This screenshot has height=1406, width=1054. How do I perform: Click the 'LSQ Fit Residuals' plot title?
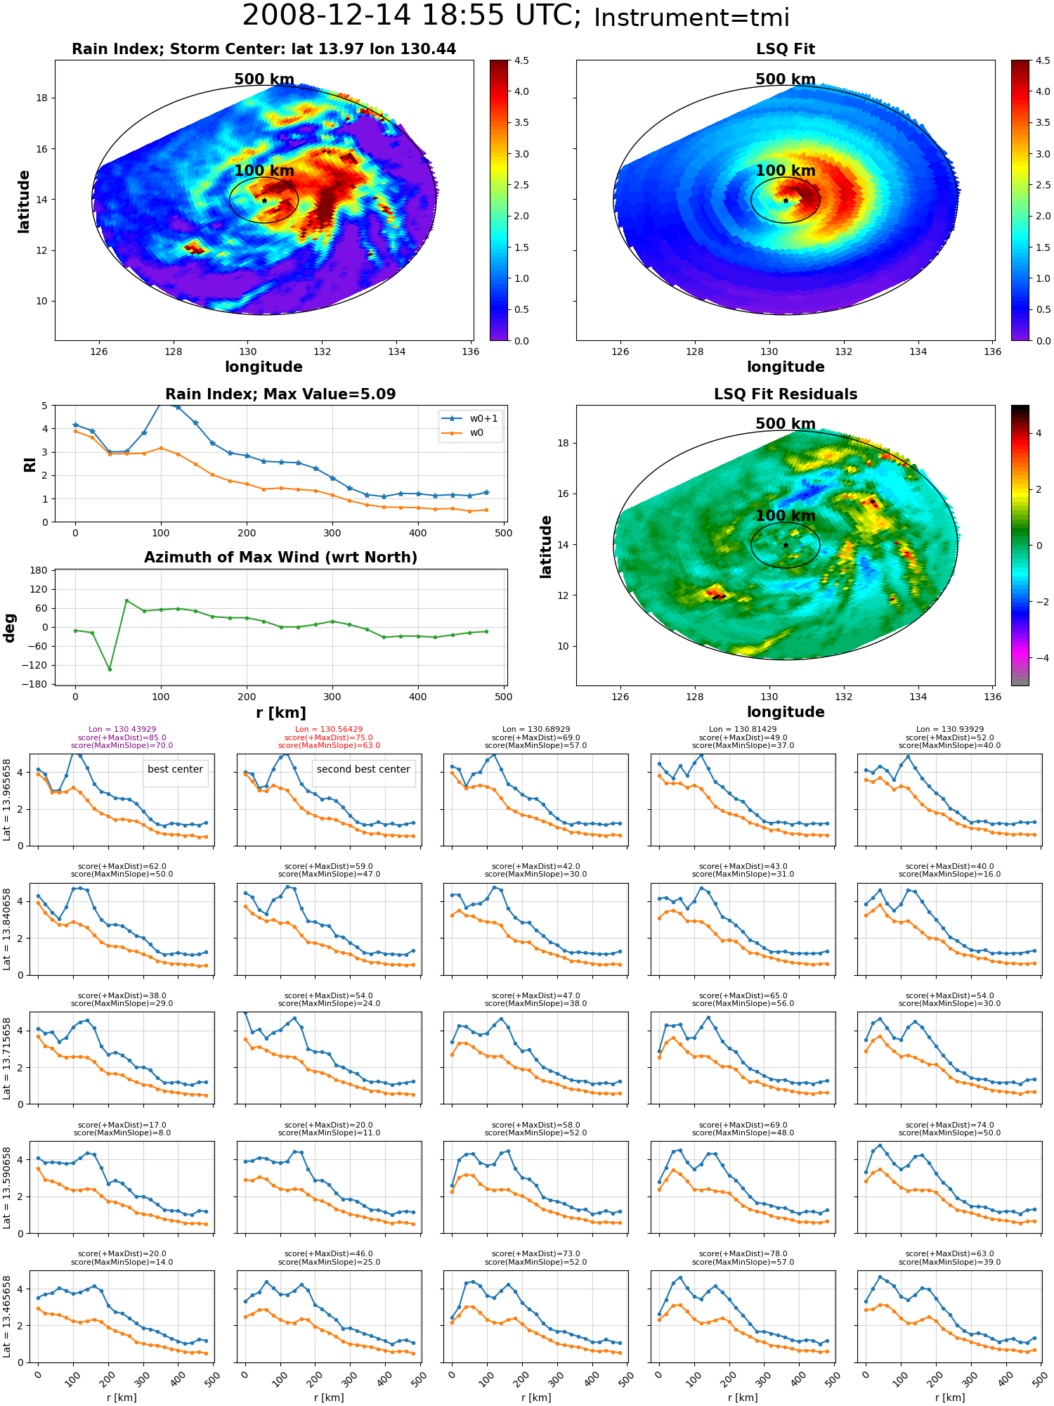coord(786,394)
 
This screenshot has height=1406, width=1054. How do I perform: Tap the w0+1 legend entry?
coord(470,418)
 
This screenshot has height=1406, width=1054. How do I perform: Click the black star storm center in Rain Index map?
coord(264,200)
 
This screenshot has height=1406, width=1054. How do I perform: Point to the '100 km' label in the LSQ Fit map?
coord(786,171)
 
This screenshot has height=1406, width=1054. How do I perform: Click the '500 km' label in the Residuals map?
coord(786,424)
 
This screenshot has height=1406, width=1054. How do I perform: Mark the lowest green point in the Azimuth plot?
coord(110,669)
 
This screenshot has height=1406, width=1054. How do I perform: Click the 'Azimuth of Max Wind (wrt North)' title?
coord(280,557)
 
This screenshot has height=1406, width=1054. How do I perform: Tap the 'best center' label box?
coord(175,770)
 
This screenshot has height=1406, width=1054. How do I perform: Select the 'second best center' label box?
coord(363,770)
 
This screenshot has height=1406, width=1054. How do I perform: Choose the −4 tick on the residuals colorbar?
coord(1039,658)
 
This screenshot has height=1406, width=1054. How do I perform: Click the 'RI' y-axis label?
coord(30,464)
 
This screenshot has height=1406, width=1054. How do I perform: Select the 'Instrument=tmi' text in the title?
coord(691,18)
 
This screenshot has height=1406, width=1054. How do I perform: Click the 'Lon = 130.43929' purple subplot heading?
coord(122,730)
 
